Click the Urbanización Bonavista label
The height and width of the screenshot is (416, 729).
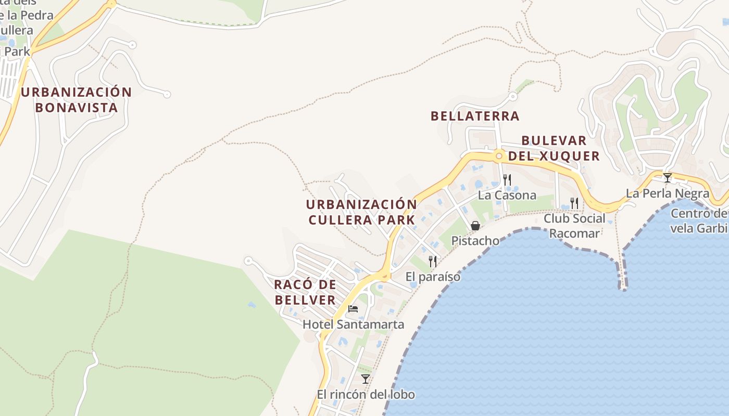click(77, 100)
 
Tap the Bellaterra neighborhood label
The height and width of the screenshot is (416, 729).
click(475, 116)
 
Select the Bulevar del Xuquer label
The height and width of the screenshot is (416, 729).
click(554, 148)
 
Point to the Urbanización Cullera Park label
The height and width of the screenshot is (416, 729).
click(361, 212)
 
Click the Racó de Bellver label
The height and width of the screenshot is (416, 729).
click(305, 292)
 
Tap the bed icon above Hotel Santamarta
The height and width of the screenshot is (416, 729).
click(353, 308)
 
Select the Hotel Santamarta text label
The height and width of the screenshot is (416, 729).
click(353, 324)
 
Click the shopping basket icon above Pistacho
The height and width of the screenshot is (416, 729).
click(475, 226)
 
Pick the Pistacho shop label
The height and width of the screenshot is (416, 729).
click(475, 241)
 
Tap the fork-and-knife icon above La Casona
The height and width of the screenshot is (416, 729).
click(507, 180)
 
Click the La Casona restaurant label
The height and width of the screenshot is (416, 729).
click(507, 196)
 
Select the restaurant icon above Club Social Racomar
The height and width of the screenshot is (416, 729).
click(574, 203)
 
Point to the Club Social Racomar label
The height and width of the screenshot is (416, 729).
click(574, 226)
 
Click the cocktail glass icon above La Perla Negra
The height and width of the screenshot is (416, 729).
click(667, 178)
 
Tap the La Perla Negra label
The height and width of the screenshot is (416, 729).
click(667, 193)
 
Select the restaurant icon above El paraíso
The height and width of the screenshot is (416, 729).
click(433, 261)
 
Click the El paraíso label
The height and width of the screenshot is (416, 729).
click(433, 277)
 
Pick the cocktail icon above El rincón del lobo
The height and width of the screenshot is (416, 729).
click(366, 379)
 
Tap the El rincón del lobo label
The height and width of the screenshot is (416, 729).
click(366, 395)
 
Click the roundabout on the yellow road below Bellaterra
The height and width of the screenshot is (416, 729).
click(499, 155)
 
